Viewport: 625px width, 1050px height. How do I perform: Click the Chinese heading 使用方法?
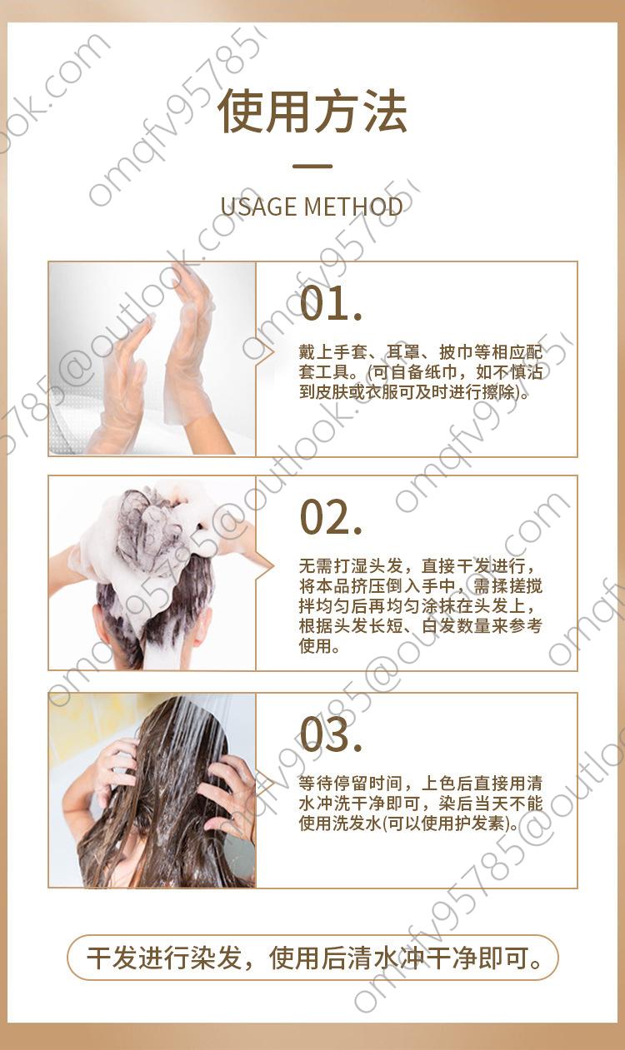click(x=312, y=112)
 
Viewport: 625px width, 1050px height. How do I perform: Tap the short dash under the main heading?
click(x=312, y=166)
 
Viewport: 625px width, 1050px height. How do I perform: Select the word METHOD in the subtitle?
click(x=353, y=207)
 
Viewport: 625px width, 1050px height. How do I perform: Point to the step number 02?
click(x=332, y=516)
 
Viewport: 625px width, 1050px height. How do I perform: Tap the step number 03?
click(x=332, y=734)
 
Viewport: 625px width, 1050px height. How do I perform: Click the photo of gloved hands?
click(x=152, y=359)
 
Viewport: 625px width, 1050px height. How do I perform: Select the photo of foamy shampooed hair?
click(x=152, y=573)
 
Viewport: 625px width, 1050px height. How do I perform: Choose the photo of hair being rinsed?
click(x=152, y=790)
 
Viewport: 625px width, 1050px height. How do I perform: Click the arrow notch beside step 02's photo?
click(x=265, y=567)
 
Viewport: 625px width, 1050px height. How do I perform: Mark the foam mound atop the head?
click(x=155, y=520)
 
